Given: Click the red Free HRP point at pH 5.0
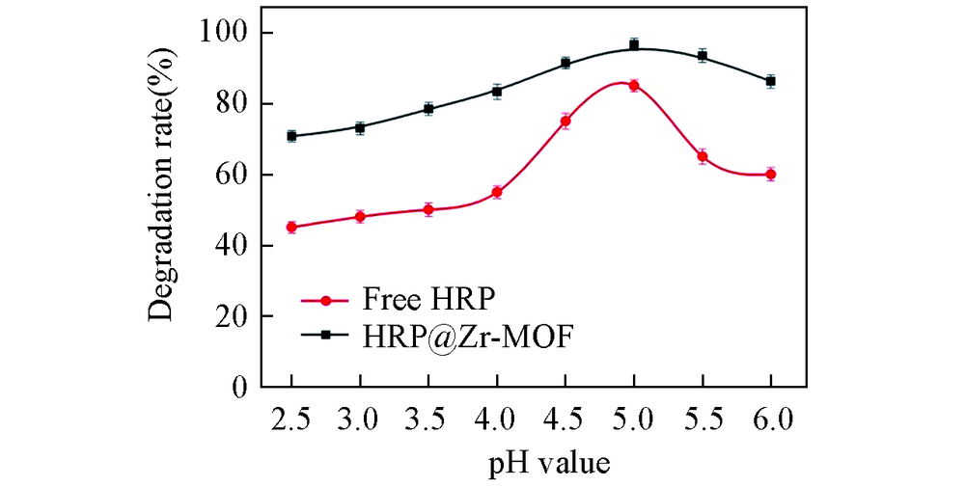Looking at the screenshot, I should point(634,86).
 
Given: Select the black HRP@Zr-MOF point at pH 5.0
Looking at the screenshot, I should point(634,44).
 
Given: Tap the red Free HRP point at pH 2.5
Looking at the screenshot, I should point(291,228).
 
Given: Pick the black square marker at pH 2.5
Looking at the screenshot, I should point(291,136).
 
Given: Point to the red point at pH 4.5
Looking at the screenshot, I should point(565,121).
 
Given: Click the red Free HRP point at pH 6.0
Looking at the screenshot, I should point(771,175).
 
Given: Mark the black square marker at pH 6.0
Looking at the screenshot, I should point(771,81).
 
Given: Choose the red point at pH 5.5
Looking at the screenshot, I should point(703,156).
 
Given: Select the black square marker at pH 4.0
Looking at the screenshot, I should point(497,92).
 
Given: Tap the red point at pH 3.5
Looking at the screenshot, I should point(428,209).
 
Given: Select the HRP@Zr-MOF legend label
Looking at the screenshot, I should point(460,335).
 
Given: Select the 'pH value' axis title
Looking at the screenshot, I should point(533,464).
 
